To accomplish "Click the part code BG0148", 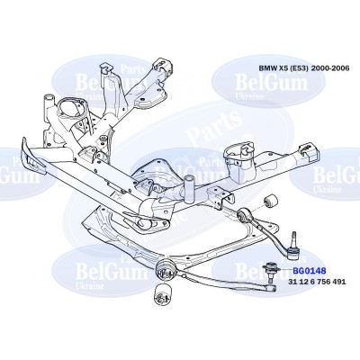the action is pyautogui.click(x=310, y=271).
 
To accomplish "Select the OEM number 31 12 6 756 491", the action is pyautogui.click(x=317, y=282).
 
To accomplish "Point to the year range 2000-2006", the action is pyautogui.click(x=330, y=68).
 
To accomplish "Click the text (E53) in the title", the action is pyautogui.click(x=300, y=68).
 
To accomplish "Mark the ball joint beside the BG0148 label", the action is pyautogui.click(x=270, y=272).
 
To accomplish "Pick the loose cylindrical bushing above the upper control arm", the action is pyautogui.click(x=271, y=202).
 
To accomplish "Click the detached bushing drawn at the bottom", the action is pyautogui.click(x=163, y=295).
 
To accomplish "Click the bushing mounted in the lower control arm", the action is pyautogui.click(x=166, y=271).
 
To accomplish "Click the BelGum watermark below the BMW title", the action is pyautogui.click(x=271, y=83).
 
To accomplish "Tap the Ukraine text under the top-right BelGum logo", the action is pyautogui.click(x=249, y=96).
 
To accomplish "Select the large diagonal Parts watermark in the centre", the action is pyautogui.click(x=215, y=127).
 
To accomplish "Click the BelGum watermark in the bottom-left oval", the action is pyautogui.click(x=112, y=272).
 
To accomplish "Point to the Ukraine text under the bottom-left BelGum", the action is pyautogui.click(x=90, y=285).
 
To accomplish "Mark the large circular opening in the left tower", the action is pyautogui.click(x=71, y=110).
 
